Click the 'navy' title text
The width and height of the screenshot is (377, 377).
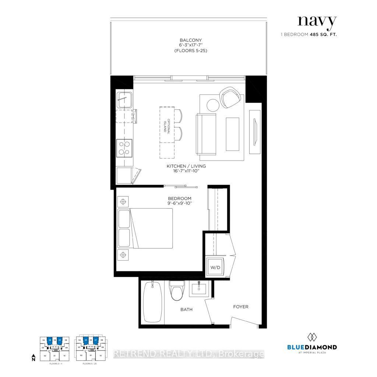317,22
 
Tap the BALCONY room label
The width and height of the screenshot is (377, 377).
191,40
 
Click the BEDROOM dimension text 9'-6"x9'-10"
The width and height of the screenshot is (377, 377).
180,203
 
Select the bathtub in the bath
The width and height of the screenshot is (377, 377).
152,303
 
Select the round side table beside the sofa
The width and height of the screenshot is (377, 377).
213,105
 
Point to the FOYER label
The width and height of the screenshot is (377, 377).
241,307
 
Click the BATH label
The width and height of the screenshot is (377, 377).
186,310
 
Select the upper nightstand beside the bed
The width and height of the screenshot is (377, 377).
123,202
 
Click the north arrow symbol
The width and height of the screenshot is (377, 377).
33,357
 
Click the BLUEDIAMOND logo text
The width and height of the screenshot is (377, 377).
311,347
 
